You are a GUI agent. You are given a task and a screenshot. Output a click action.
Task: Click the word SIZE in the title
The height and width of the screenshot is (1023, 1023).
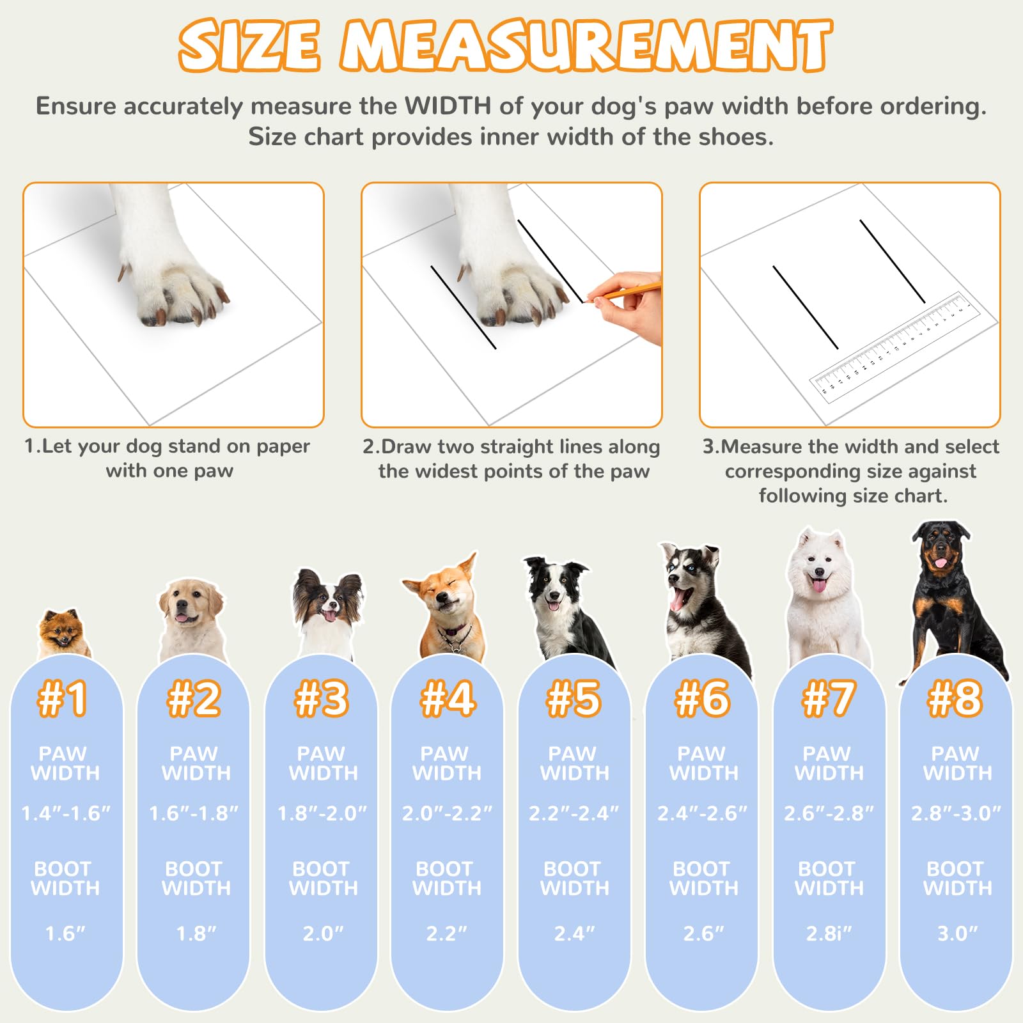249,46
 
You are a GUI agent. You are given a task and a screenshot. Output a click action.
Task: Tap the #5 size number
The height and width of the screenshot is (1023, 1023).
574,698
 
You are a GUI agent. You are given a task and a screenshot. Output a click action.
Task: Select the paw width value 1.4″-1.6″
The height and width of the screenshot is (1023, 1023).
65,813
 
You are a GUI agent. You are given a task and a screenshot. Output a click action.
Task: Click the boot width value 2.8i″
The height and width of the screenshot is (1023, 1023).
829,933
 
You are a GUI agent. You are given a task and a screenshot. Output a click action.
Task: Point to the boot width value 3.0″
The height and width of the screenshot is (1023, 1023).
957,933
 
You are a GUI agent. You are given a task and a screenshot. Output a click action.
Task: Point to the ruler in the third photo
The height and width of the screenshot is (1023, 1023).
895,348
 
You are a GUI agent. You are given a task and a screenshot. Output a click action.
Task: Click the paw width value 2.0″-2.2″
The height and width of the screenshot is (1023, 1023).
447,813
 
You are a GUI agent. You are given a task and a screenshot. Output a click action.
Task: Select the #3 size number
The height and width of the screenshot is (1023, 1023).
321,698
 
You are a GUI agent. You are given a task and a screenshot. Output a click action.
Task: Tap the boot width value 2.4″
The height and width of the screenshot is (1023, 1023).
574,933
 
